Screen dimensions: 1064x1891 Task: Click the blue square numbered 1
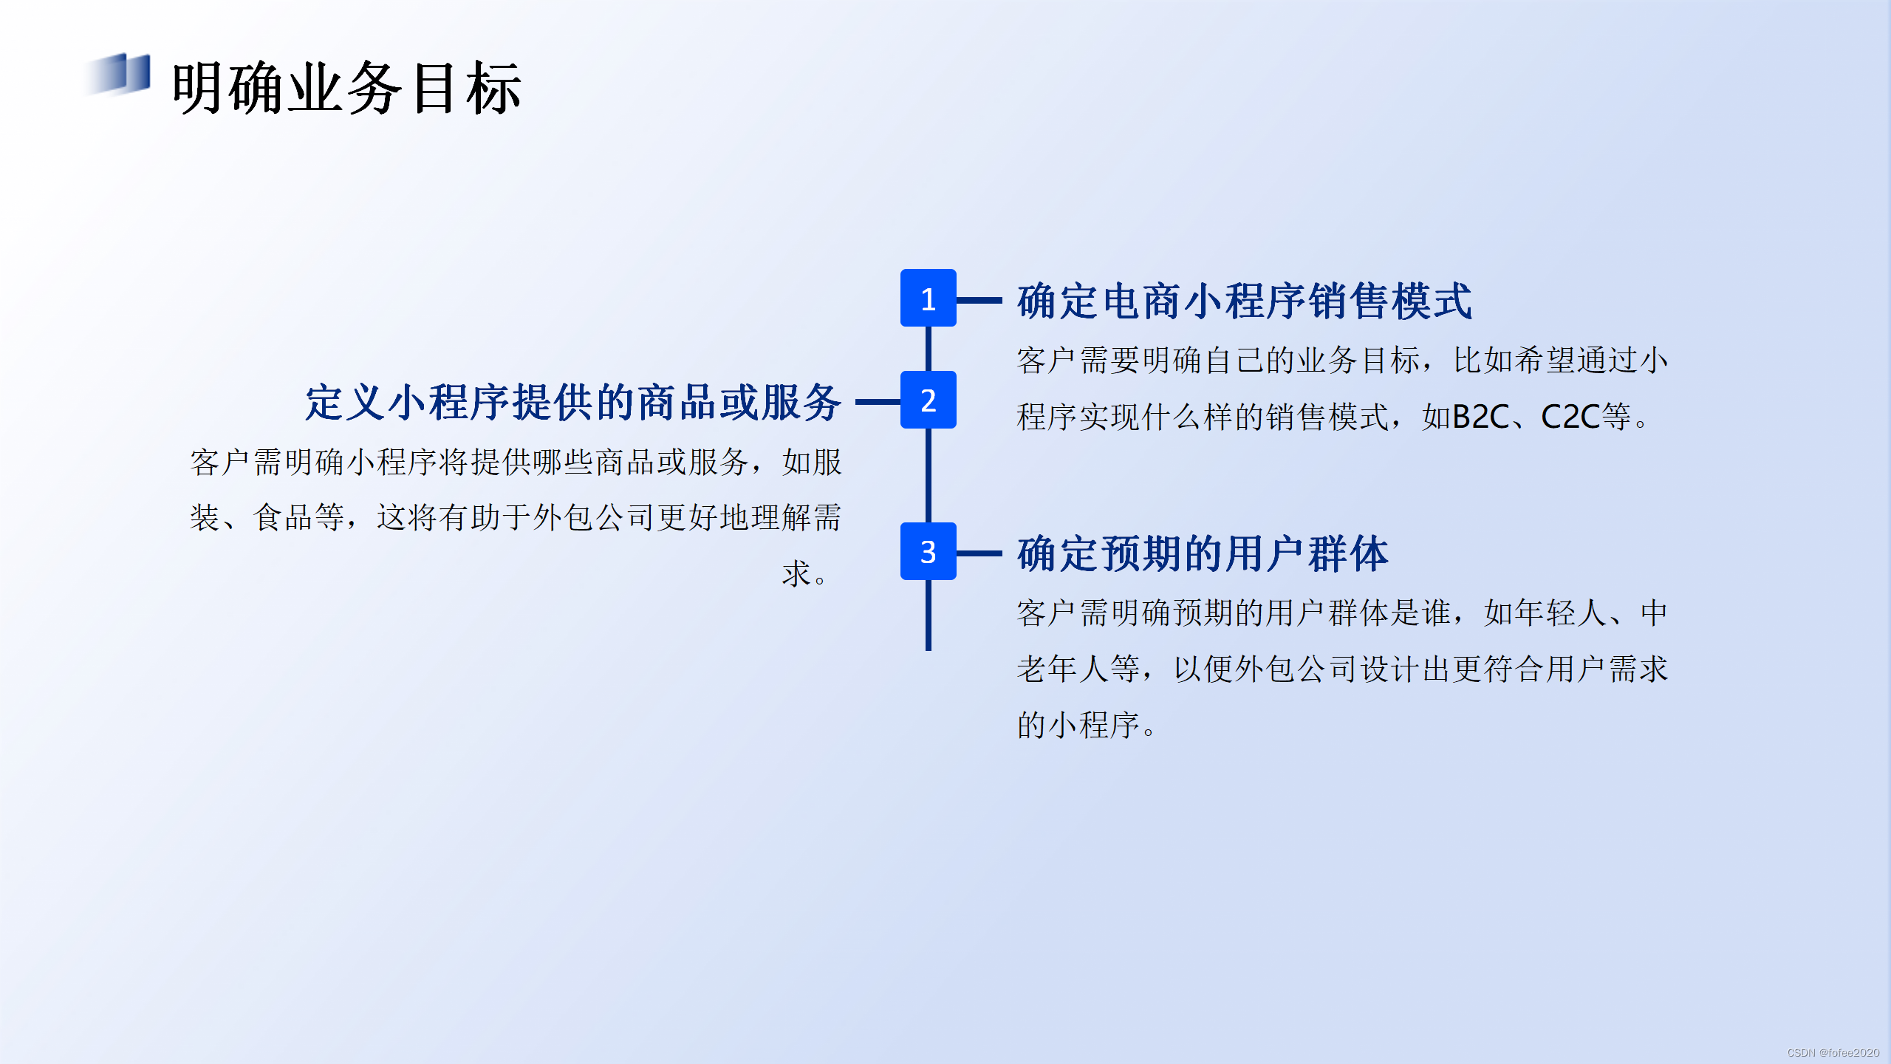[x=928, y=299]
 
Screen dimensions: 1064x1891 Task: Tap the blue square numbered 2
[x=928, y=400]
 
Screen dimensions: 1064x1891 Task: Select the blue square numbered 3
[x=928, y=551]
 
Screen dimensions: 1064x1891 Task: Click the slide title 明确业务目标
[x=347, y=88]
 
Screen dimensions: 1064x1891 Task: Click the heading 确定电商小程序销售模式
[x=1245, y=301]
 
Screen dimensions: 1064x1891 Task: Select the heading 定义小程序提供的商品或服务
[x=574, y=403]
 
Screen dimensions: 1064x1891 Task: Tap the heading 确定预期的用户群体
[x=1203, y=553]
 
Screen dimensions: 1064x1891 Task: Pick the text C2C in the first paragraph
[x=1570, y=417]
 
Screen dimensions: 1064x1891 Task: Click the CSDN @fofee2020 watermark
[x=1833, y=1052]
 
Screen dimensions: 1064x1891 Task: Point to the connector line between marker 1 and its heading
[x=979, y=300]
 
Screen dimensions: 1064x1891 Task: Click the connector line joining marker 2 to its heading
[x=878, y=402]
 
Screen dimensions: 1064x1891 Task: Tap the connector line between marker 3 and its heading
[x=979, y=553]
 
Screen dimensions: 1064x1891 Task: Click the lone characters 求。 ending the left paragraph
[x=805, y=573]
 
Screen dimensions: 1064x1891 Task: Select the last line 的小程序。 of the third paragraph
[x=1086, y=724]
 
